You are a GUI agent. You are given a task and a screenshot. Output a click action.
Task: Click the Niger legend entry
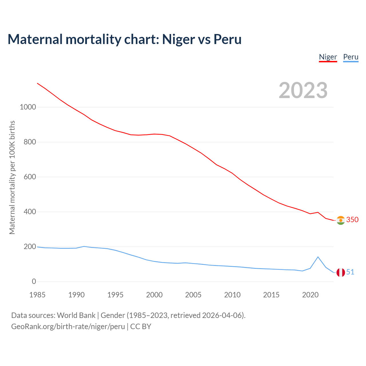coord(328,57)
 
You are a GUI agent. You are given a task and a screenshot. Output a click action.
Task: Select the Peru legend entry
coord(351,57)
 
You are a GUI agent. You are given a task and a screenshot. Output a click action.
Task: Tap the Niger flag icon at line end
coord(341,220)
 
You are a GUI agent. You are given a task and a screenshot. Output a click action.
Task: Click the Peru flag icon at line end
coord(341,272)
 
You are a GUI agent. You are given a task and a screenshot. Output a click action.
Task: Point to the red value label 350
coord(352,220)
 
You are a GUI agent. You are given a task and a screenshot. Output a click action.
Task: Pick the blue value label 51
coord(350,272)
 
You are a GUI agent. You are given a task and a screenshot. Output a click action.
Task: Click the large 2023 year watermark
coord(303,90)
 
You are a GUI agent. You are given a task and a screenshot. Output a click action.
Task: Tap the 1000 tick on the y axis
coord(28,107)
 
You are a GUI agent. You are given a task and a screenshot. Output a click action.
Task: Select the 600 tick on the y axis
coord(30,177)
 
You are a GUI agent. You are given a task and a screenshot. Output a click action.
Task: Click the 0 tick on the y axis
coord(34,282)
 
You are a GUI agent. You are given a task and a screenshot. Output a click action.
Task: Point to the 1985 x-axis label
coord(37,295)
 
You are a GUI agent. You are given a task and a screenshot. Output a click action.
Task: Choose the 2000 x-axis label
coord(154,295)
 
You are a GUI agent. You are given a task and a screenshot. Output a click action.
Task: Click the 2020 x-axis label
coord(310,295)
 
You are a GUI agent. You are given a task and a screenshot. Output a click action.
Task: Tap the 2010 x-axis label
coord(232,295)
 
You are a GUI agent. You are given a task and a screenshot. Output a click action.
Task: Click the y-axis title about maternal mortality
coord(12,177)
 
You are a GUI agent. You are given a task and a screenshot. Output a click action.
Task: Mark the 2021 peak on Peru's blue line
coord(318,257)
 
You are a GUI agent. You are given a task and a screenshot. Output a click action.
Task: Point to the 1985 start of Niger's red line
coord(37,83)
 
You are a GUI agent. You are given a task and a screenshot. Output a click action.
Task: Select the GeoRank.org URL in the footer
coord(68,327)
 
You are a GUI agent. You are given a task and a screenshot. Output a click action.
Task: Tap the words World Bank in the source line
coord(76,315)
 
